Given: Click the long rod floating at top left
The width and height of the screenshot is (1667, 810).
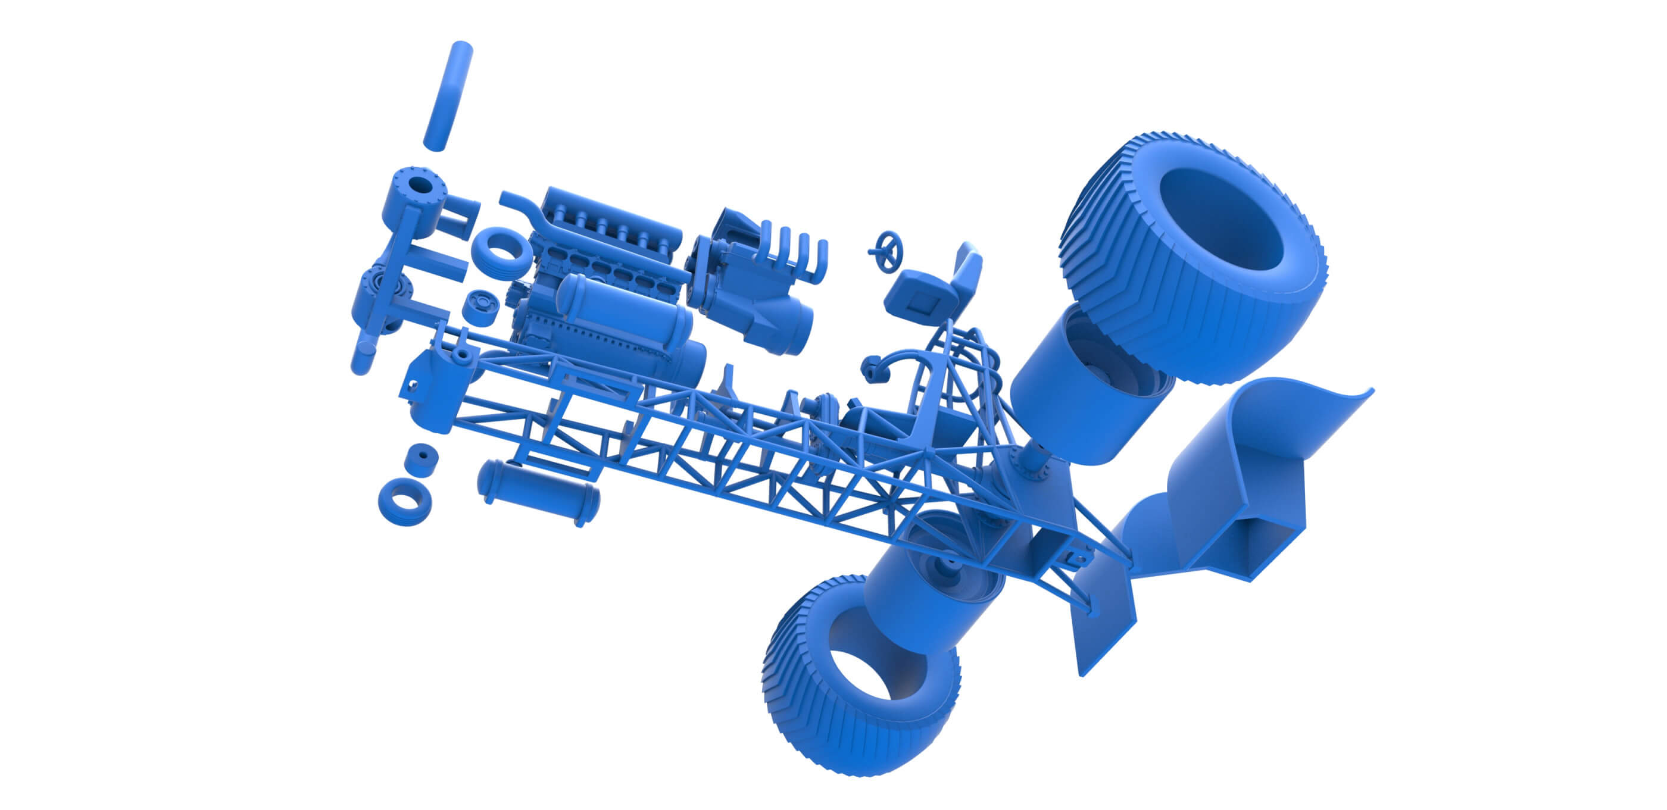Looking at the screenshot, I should click(x=448, y=96).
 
